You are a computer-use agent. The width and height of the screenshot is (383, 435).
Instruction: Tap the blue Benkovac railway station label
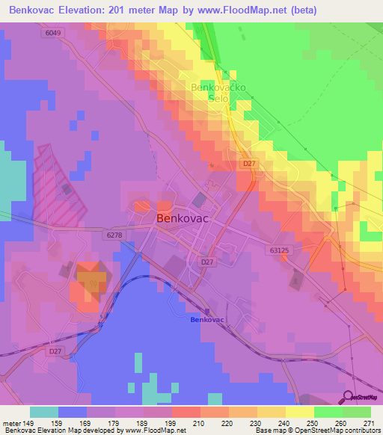click(x=207, y=320)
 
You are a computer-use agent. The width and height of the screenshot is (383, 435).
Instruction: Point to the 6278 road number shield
click(x=114, y=235)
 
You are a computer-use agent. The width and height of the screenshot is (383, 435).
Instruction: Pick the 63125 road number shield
click(x=281, y=252)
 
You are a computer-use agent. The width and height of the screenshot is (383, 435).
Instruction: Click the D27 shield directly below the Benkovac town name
click(x=207, y=262)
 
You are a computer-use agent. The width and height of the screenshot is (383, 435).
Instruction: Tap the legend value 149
click(x=30, y=422)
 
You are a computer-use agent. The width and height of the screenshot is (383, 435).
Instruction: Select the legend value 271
click(x=370, y=422)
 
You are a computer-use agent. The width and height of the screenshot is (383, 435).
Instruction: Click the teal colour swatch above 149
click(x=44, y=412)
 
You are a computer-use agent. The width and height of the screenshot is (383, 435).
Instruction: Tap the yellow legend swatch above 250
click(x=299, y=412)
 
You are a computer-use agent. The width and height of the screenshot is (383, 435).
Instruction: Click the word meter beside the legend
click(x=10, y=422)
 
